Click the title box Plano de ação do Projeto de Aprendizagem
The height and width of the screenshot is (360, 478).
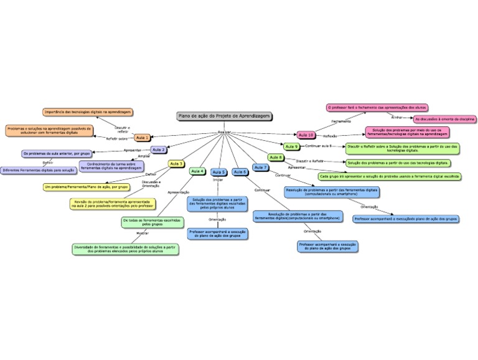pos(225,116)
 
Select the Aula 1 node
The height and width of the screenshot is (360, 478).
pos(143,137)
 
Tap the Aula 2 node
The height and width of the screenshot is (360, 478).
pos(159,149)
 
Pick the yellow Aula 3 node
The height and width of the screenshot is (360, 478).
pos(176,163)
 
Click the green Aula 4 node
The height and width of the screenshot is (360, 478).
pos(197,171)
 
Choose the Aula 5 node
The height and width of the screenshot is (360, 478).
pos(218,172)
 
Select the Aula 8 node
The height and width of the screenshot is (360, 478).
pos(276,158)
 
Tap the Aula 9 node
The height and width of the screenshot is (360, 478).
pos(291,146)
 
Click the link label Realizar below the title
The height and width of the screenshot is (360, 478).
pos(224,132)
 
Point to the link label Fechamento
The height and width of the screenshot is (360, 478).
pos(341,121)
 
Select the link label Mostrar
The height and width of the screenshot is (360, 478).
pos(142,233)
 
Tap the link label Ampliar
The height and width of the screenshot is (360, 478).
pos(144,156)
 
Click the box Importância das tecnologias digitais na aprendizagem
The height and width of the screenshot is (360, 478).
pos(88,112)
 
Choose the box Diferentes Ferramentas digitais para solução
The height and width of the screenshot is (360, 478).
pos(38,169)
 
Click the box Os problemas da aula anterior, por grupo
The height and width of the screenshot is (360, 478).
pos(57,153)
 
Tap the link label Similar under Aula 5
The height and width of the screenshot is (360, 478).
pos(218,179)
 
